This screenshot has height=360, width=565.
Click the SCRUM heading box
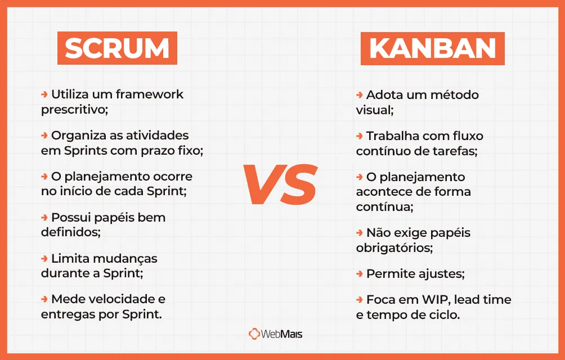tap(117, 48)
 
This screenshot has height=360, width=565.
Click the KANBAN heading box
tap(432, 48)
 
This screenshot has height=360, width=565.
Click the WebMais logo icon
tap(254, 334)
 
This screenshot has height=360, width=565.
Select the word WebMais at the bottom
tap(282, 334)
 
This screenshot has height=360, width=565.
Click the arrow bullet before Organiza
tap(44, 136)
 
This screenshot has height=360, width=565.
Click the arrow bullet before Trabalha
tap(360, 136)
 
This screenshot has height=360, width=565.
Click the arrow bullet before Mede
tap(44, 299)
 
